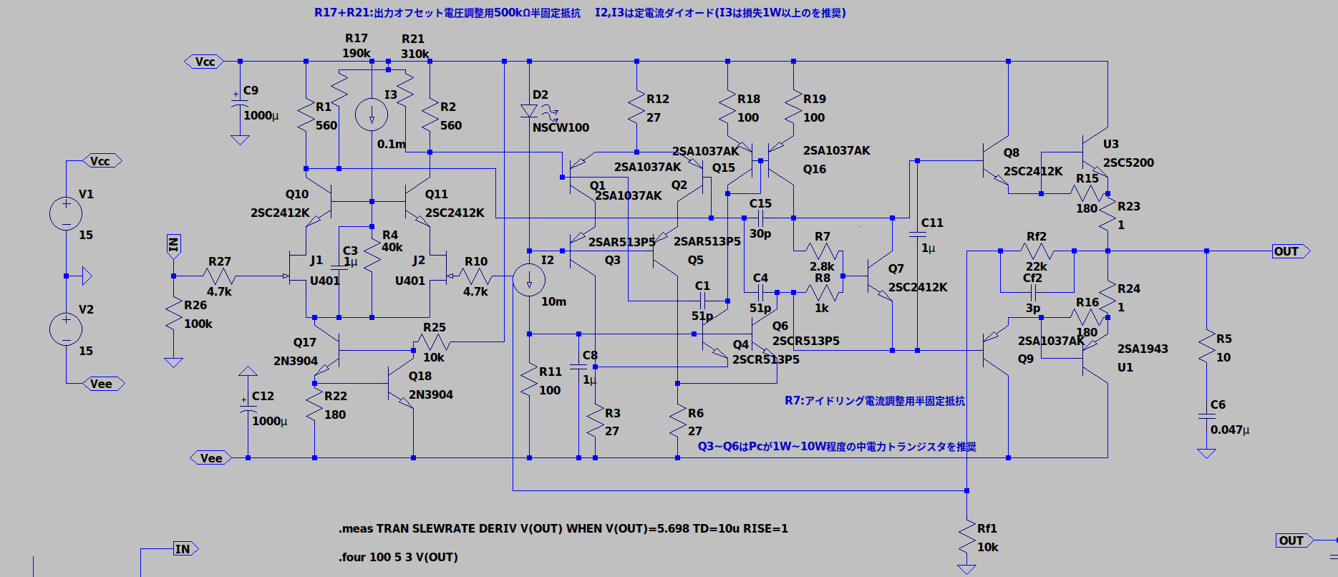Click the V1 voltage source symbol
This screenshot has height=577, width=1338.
pyautogui.click(x=66, y=213)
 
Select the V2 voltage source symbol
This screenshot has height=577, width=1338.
pyautogui.click(x=66, y=329)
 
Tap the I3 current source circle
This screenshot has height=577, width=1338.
pyautogui.click(x=372, y=115)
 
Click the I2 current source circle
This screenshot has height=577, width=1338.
pyautogui.click(x=529, y=280)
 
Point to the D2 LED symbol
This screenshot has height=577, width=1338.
pyautogui.click(x=530, y=111)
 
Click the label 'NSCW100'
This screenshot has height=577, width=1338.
pyautogui.click(x=561, y=127)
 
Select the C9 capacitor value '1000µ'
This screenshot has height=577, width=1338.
pyautogui.click(x=261, y=115)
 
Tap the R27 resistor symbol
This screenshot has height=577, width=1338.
pyautogui.click(x=220, y=276)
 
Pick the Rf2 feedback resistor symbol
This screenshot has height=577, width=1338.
pyautogui.click(x=1037, y=251)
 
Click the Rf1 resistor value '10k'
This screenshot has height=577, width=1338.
pyautogui.click(x=988, y=547)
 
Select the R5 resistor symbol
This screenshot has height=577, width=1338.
pyautogui.click(x=1206, y=348)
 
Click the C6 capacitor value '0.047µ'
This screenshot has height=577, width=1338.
pyautogui.click(x=1230, y=430)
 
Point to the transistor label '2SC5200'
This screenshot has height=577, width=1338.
pyautogui.click(x=1128, y=163)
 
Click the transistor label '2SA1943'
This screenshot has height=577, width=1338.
pyautogui.click(x=1143, y=349)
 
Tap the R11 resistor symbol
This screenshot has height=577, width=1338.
pyautogui.click(x=529, y=380)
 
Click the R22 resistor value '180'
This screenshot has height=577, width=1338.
pyautogui.click(x=335, y=414)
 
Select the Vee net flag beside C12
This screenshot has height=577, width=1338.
pyautogui.click(x=210, y=458)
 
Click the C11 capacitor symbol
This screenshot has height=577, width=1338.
pyautogui.click(x=917, y=234)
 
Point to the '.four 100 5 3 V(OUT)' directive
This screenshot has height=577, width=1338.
pyautogui.click(x=398, y=557)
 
